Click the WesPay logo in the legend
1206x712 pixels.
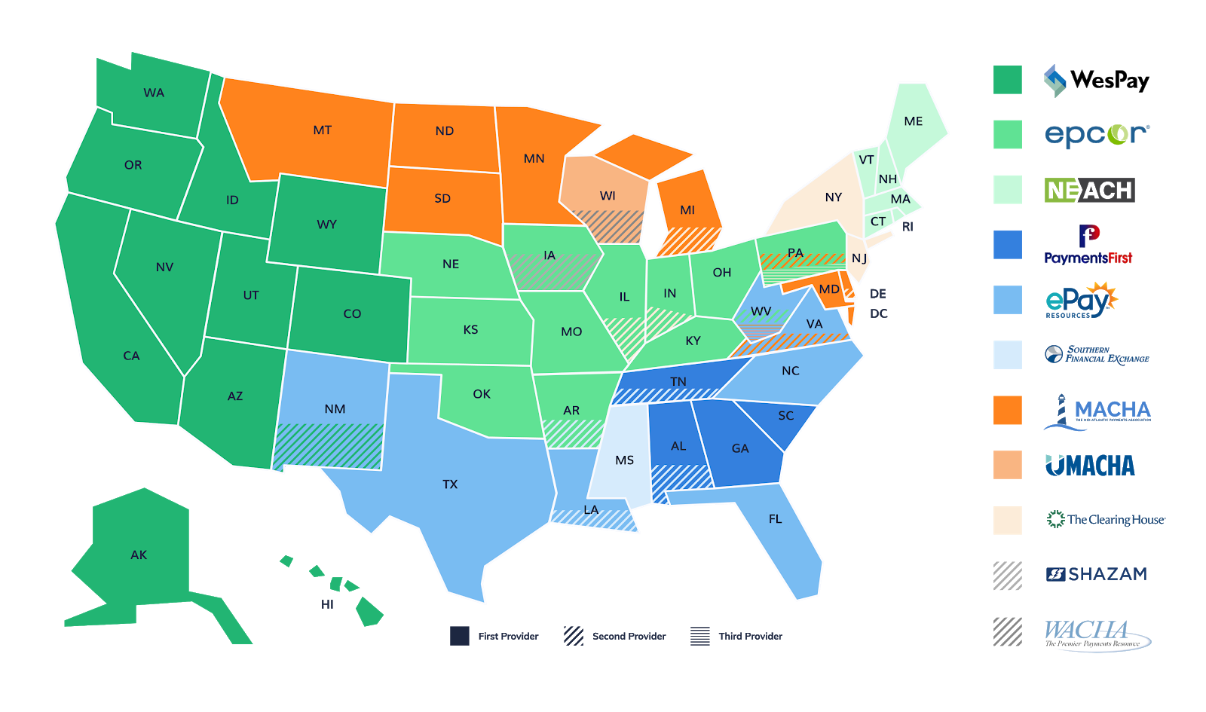click(1096, 80)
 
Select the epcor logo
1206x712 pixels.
click(1097, 134)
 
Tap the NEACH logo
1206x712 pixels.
click(1089, 190)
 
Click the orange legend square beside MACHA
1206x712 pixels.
click(1007, 410)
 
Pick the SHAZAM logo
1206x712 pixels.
click(1097, 574)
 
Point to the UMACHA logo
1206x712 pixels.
click(1090, 466)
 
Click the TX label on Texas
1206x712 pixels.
click(450, 484)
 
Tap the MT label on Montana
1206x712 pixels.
click(322, 130)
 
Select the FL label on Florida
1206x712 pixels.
click(775, 519)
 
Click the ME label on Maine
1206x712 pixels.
click(913, 121)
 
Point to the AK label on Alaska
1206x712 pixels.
click(139, 555)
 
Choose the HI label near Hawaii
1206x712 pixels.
click(327, 604)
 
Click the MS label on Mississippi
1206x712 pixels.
click(624, 460)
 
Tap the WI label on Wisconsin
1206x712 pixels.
click(608, 196)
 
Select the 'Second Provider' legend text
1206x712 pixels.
click(629, 636)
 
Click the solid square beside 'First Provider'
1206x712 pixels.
click(460, 636)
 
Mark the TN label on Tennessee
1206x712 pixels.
click(678, 382)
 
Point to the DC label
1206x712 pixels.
click(878, 313)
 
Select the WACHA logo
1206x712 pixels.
click(1094, 636)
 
